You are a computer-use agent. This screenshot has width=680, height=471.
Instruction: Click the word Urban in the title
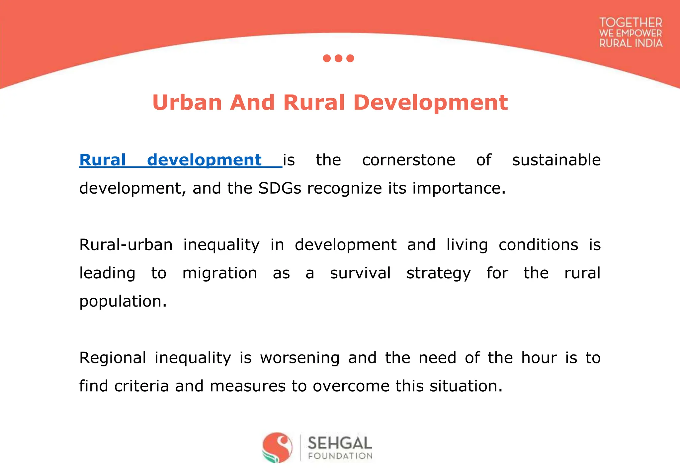click(187, 102)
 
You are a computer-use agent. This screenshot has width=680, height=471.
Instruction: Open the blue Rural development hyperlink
click(170, 160)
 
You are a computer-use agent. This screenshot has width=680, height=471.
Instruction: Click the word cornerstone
click(408, 160)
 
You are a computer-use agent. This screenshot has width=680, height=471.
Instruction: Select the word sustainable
click(556, 160)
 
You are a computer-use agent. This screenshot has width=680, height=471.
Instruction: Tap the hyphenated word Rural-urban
click(126, 245)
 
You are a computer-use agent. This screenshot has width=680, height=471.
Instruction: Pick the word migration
click(219, 273)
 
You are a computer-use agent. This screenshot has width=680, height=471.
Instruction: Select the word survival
click(360, 273)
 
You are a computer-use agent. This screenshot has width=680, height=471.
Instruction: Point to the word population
click(123, 302)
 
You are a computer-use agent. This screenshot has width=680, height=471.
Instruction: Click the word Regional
click(113, 358)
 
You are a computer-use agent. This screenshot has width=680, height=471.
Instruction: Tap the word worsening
click(299, 358)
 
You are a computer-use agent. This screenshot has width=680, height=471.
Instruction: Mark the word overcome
click(351, 386)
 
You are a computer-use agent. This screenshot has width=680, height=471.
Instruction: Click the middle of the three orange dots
click(338, 58)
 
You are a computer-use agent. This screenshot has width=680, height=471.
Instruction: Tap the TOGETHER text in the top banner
click(631, 23)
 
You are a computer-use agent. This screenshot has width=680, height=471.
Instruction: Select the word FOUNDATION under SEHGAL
click(340, 456)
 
